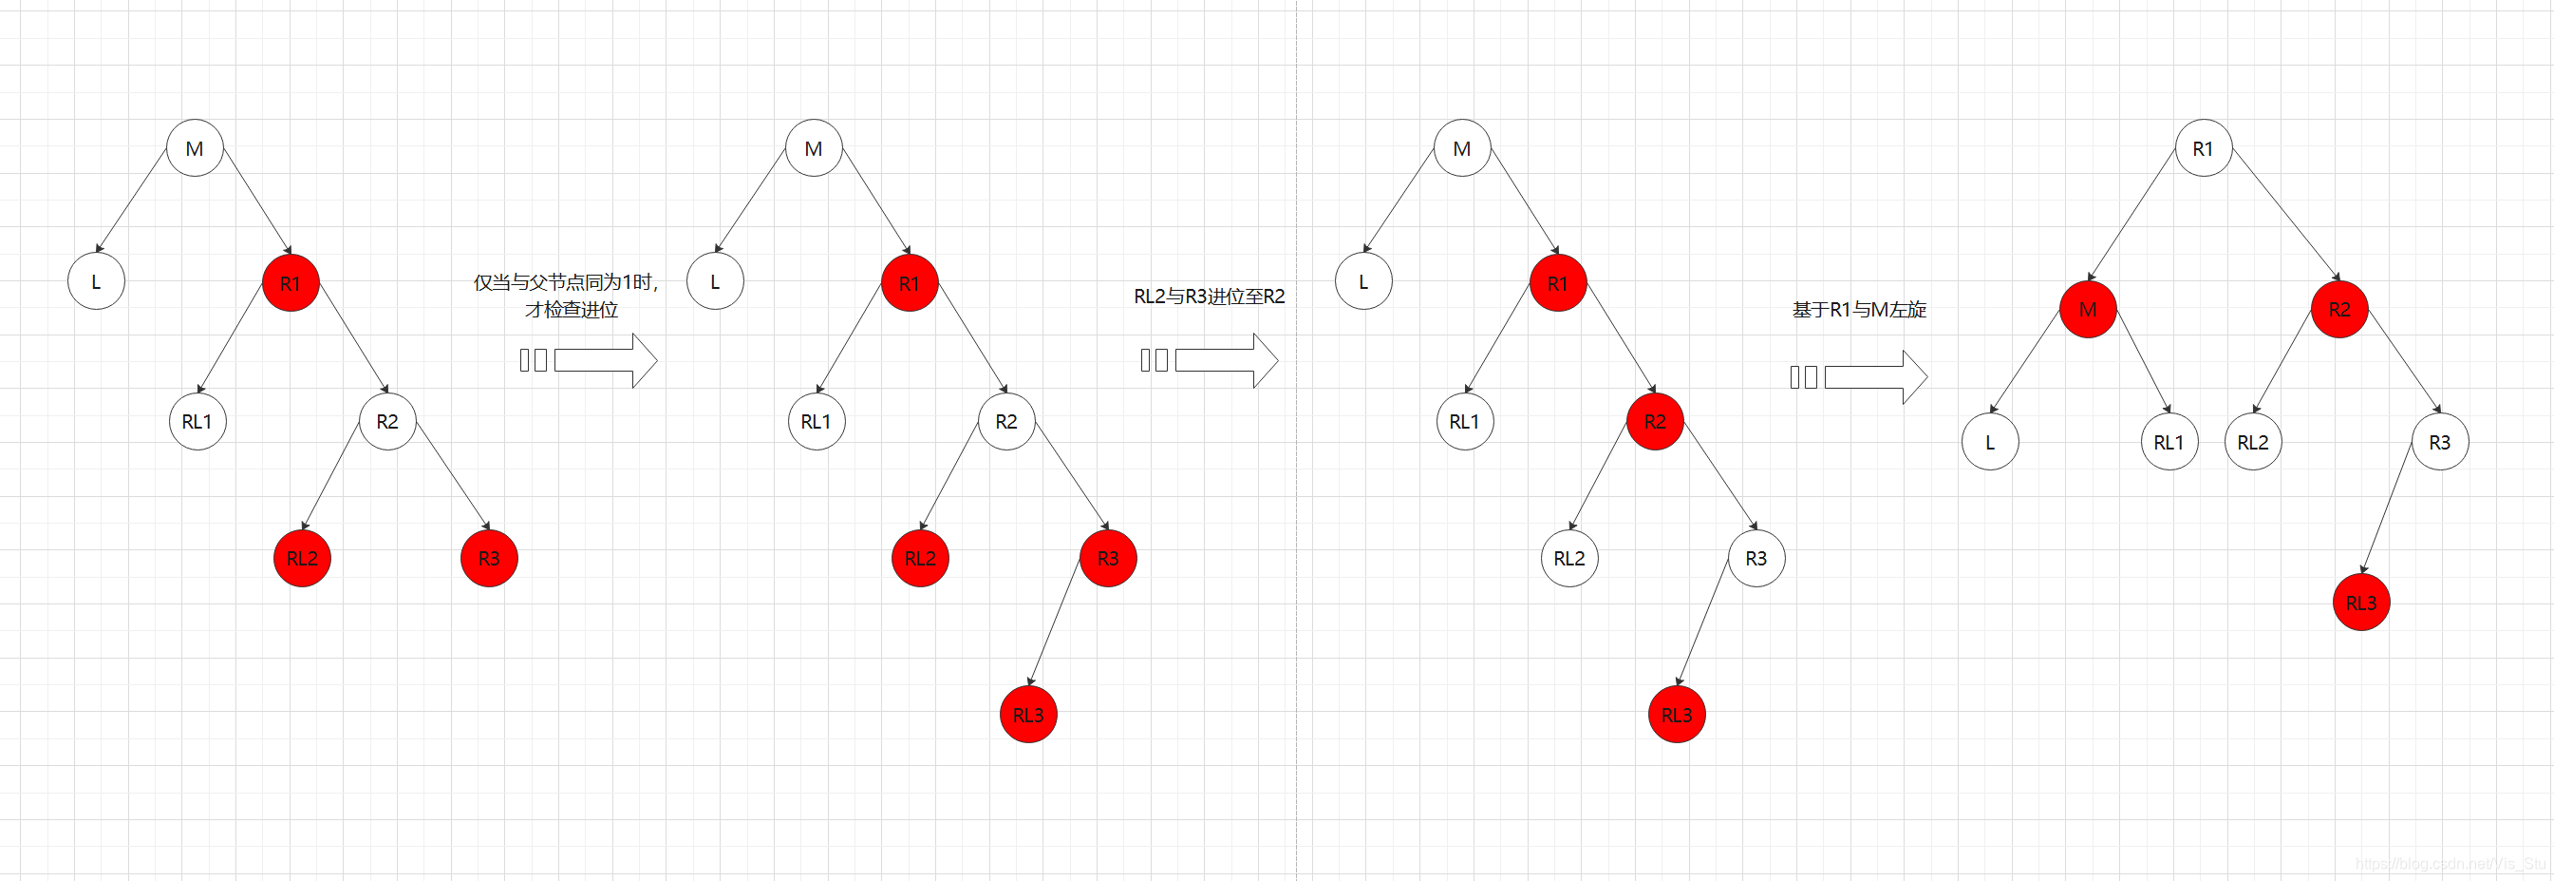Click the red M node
click(x=2087, y=310)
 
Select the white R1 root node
click(x=2202, y=149)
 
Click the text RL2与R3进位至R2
click(x=1209, y=296)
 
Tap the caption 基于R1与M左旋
click(x=1859, y=310)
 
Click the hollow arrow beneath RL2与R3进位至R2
click(x=1227, y=360)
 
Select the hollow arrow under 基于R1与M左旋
click(x=1875, y=377)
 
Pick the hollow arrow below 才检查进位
click(x=605, y=360)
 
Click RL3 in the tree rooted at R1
click(x=2360, y=603)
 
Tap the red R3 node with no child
click(x=489, y=559)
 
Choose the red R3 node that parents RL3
click(x=1107, y=559)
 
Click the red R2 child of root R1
click(x=2338, y=310)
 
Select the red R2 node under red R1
click(x=1655, y=422)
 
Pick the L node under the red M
click(x=1990, y=443)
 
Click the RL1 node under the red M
click(x=2169, y=443)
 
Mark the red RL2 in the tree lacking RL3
click(x=302, y=559)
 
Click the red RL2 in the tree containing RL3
click(x=920, y=559)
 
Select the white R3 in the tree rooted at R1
click(x=2439, y=443)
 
